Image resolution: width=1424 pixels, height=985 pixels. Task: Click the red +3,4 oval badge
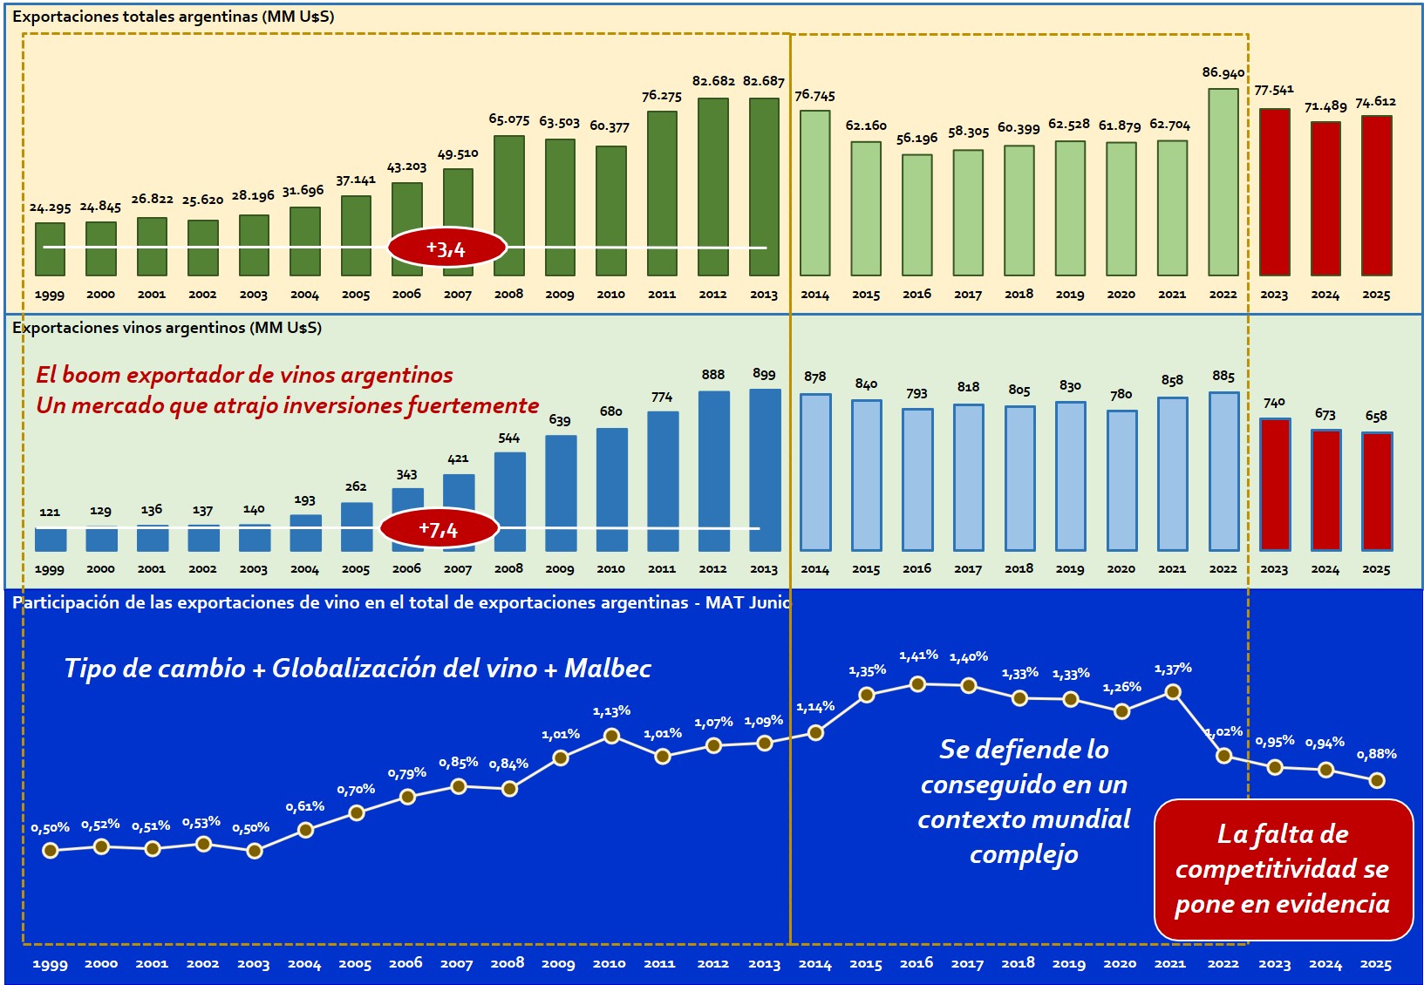[446, 248]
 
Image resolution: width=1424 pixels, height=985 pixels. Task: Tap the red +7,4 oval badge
[439, 528]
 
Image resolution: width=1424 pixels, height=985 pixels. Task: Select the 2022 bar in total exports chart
[1223, 182]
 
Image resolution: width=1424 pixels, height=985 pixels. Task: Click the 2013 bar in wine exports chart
[765, 470]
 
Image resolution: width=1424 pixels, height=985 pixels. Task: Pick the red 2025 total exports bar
[1376, 195]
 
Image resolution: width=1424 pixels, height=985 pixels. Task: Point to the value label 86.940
[1223, 73]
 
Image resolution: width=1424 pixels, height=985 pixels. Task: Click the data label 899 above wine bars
[764, 374]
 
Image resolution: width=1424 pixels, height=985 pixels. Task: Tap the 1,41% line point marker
[917, 684]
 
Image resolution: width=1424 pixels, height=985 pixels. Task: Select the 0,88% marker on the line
[1377, 780]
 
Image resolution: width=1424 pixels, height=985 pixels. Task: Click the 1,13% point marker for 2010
[611, 736]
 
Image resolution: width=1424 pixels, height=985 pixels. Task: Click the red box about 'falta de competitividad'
[1283, 869]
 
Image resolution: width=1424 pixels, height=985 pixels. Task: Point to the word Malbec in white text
[608, 669]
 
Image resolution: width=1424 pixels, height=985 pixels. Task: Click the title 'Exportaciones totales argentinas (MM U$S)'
[173, 17]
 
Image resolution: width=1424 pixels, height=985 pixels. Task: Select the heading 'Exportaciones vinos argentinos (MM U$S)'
[167, 328]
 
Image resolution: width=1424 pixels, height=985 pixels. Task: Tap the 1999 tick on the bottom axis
[50, 964]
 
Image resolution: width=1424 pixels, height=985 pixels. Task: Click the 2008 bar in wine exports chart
[509, 501]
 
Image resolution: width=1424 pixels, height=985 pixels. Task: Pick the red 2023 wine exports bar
[1274, 485]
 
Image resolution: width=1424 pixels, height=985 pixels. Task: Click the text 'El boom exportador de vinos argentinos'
[244, 375]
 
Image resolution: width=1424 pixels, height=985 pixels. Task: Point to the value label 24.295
[50, 207]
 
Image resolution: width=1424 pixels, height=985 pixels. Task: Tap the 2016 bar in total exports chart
[916, 215]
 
